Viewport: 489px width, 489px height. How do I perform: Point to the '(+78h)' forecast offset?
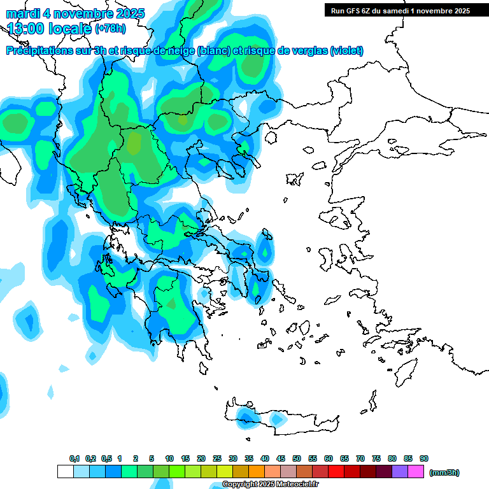point(110,29)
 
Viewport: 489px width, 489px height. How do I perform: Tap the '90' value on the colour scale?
point(424,458)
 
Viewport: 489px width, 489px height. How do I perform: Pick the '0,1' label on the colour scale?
point(74,458)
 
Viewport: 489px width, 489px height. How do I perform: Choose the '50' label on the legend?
point(297,458)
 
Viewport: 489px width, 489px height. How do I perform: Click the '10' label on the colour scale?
point(169,458)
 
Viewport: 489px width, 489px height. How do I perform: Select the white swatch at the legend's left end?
point(65,472)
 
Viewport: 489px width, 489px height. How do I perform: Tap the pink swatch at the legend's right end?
point(416,472)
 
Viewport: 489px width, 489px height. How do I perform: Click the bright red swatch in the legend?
point(336,472)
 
